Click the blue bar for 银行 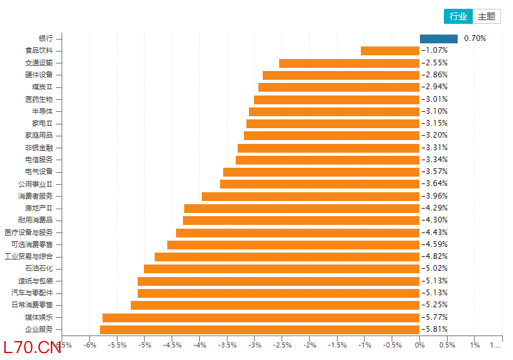[438, 38]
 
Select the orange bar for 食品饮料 [390, 51]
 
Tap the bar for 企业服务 [259, 329]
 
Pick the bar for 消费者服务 [310, 196]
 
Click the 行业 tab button [458, 17]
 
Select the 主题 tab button [487, 17]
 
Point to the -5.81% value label [434, 329]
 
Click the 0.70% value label [475, 38]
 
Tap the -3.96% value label [434, 196]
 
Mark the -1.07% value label [434, 50]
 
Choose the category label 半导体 [50, 111]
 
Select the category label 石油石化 [43, 268]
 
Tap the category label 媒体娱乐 [43, 317]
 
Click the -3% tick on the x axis [254, 345]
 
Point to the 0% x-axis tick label [419, 345]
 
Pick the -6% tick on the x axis [90, 345]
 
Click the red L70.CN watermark [31, 347]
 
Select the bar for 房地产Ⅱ [301, 208]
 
